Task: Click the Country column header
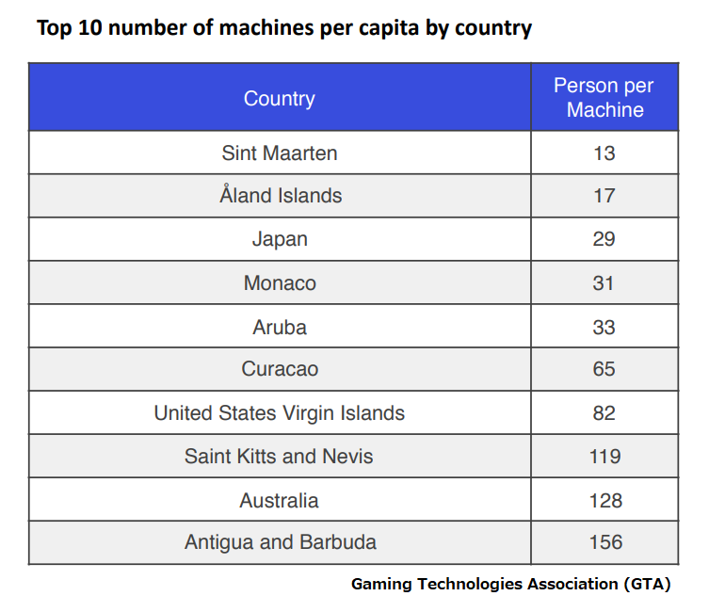pos(279,99)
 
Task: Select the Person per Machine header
pos(604,98)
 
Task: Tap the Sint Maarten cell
pos(279,153)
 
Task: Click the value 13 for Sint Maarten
pos(604,153)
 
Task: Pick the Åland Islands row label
pos(281,196)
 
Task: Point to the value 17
pos(604,196)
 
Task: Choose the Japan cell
pos(280,239)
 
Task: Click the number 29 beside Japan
pos(604,239)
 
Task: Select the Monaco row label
pos(280,282)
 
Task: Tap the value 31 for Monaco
pos(604,282)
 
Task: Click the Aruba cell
pos(280,327)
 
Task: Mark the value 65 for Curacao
pos(604,369)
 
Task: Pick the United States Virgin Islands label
pos(280,413)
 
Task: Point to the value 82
pos(604,413)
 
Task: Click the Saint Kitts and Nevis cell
pos(279,457)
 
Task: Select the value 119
pos(604,457)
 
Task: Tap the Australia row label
pos(279,500)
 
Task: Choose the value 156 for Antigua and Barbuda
pos(604,542)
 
